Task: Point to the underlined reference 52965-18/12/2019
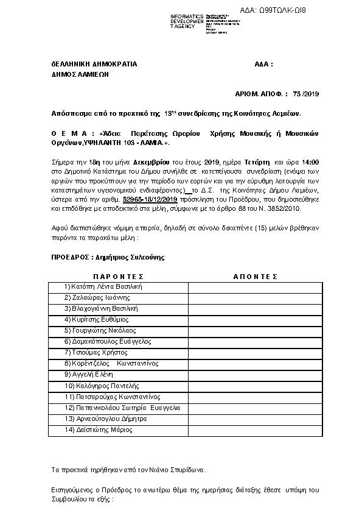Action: click(150, 199)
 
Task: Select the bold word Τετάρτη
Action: click(256, 162)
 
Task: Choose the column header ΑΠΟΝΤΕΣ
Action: click(255, 277)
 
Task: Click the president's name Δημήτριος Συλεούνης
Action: click(129, 257)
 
